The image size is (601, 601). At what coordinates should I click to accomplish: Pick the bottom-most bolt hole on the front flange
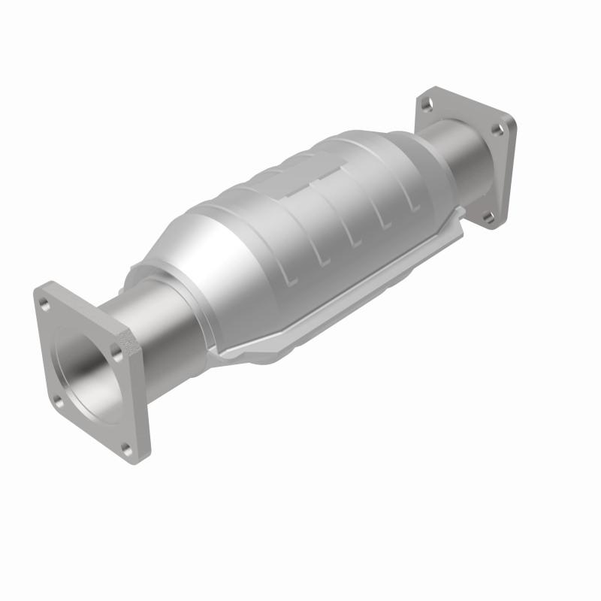[x=126, y=449]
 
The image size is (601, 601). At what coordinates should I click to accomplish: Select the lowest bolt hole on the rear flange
[x=489, y=217]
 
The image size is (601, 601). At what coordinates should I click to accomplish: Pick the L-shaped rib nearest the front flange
[x=289, y=270]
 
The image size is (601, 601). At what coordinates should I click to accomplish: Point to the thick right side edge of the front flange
[x=139, y=398]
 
